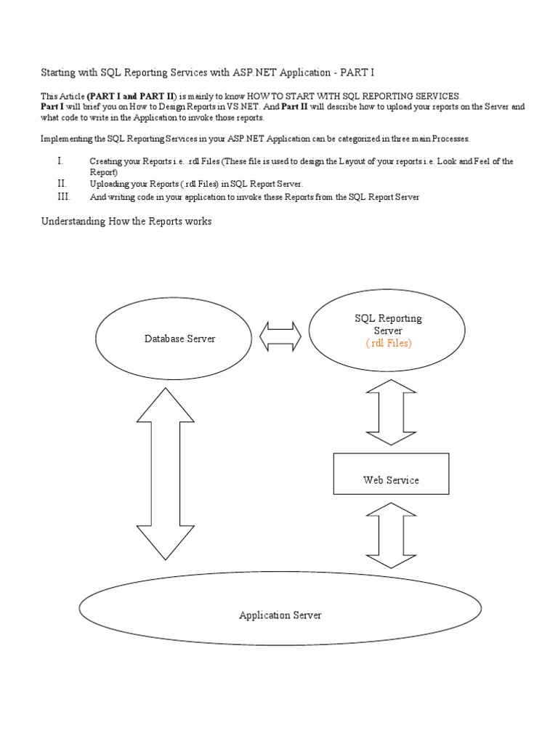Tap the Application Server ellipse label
(280, 615)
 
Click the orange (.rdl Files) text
(388, 344)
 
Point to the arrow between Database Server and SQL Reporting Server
(281, 338)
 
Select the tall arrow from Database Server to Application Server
(166, 473)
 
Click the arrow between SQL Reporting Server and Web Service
(391, 411)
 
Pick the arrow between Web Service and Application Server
(391, 535)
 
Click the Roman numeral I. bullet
(60, 161)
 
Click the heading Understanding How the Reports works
(126, 221)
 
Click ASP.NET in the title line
(253, 73)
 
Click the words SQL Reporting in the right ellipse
(388, 319)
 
